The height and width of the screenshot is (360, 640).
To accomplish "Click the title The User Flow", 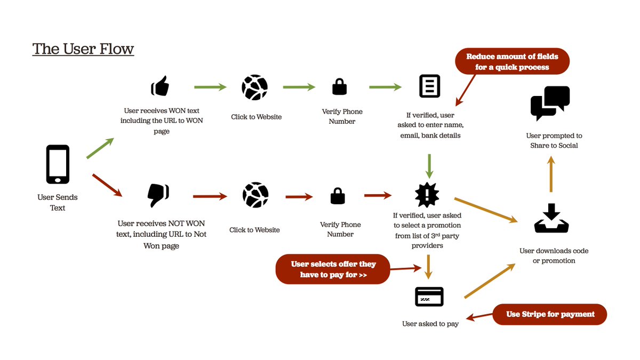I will click(x=83, y=49).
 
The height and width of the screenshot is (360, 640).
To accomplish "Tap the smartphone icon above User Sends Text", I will click(x=58, y=164).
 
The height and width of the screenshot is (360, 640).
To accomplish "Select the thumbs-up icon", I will click(x=160, y=86).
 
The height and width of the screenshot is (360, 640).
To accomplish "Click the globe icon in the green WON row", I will click(x=254, y=87).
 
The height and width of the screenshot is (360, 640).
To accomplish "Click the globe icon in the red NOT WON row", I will click(x=255, y=195).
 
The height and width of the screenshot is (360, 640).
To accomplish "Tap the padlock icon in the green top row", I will click(x=339, y=86).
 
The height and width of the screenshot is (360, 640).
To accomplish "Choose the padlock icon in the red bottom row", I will click(x=338, y=196).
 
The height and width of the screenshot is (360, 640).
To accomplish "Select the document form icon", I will click(x=429, y=86).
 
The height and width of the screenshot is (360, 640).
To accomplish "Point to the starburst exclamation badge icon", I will click(x=427, y=195).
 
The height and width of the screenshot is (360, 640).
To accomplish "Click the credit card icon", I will click(x=429, y=297).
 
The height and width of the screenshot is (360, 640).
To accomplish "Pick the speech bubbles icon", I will click(x=550, y=103).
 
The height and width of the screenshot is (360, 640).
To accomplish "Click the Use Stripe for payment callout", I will click(x=549, y=314).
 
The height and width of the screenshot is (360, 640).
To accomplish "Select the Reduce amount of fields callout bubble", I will click(x=512, y=62).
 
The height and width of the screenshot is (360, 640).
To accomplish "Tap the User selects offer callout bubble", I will click(x=333, y=269).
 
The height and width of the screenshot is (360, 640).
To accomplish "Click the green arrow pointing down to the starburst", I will click(x=429, y=166).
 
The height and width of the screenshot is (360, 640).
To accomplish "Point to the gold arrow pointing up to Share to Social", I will click(x=551, y=174).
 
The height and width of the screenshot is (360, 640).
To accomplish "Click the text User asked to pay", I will click(x=430, y=324).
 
